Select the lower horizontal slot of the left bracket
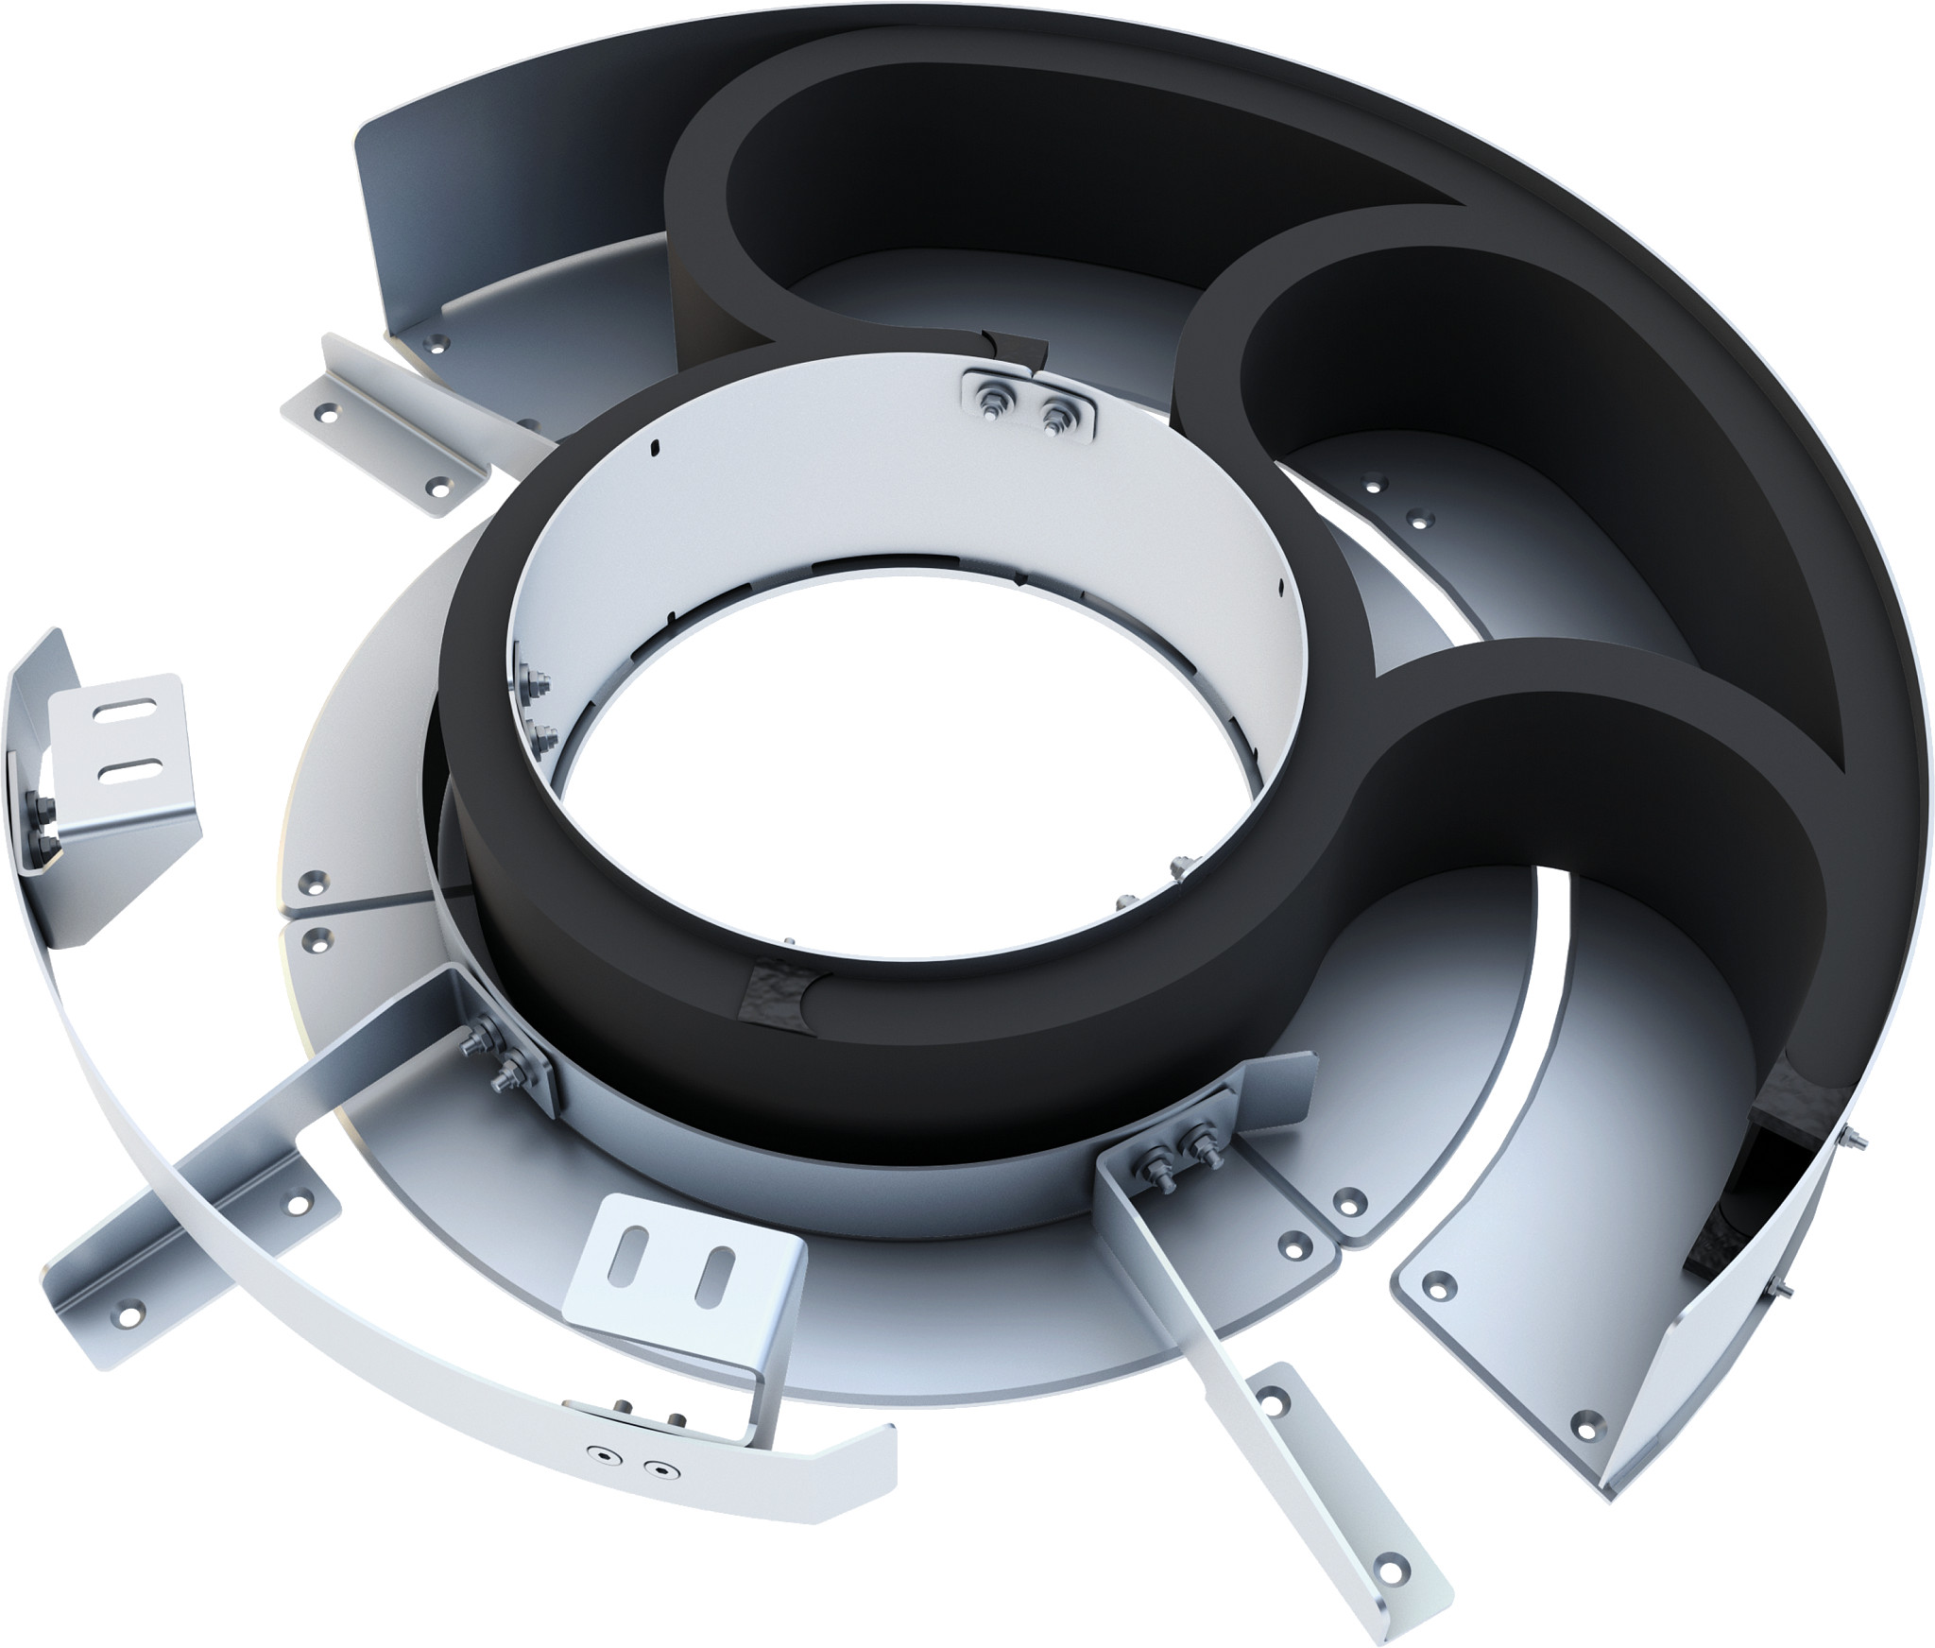(126, 774)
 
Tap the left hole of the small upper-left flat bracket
(328, 412)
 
